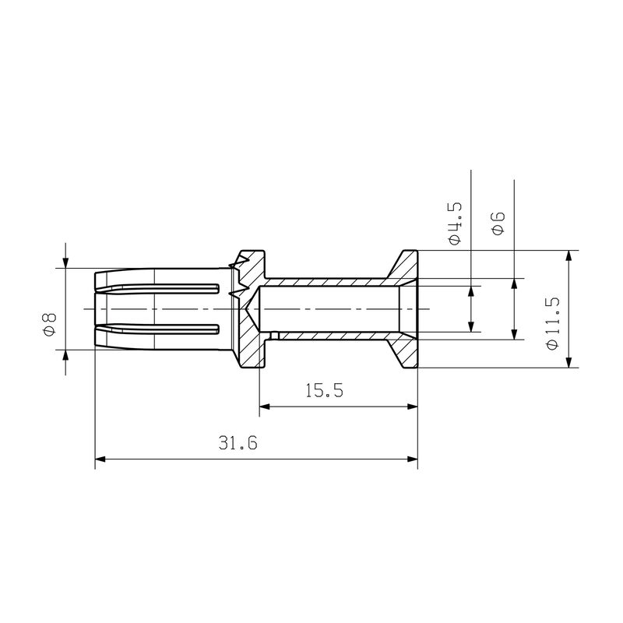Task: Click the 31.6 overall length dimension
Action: point(238,444)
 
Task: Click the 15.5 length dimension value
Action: point(324,390)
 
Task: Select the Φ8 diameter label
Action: point(48,322)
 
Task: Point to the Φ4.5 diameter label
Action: point(456,224)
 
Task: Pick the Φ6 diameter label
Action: point(498,224)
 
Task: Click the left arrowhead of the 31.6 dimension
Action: point(100,459)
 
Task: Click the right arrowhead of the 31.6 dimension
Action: point(412,459)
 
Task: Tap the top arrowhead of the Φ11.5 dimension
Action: point(570,256)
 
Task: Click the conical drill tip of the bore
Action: point(251,308)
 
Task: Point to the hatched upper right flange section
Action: point(405,268)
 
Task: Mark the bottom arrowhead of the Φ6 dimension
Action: point(514,334)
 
